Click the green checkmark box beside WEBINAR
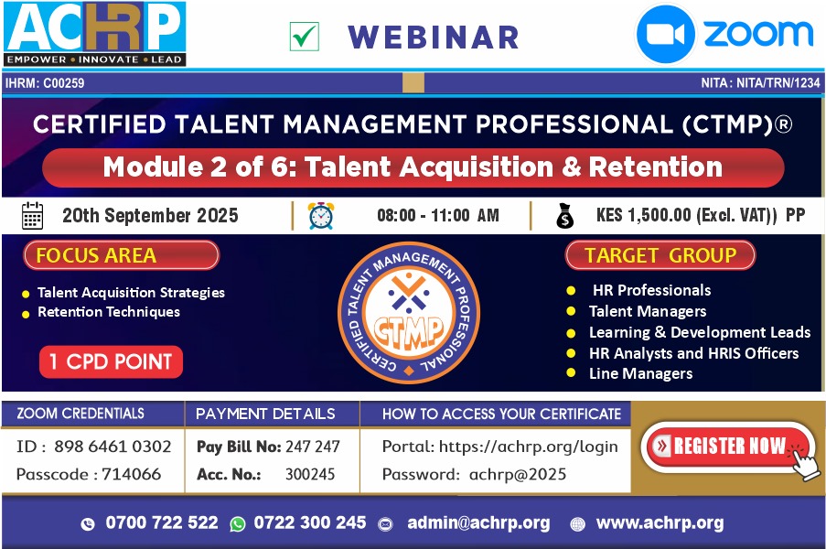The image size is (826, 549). (x=305, y=37)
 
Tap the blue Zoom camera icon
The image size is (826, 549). (x=665, y=34)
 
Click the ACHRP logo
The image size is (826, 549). (x=95, y=34)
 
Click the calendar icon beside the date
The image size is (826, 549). (x=33, y=216)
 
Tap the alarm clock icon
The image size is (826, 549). (x=321, y=216)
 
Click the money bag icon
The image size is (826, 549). (x=564, y=216)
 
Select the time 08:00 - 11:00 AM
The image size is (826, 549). (x=438, y=216)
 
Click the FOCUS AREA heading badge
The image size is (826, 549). (x=121, y=255)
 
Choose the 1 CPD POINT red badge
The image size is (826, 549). (x=112, y=362)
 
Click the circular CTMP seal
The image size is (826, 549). (x=409, y=313)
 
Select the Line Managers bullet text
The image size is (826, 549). (x=640, y=373)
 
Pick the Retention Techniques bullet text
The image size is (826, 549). (x=109, y=312)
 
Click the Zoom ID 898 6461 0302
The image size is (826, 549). (x=113, y=447)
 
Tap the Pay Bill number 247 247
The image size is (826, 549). (x=313, y=447)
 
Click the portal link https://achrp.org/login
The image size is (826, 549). (x=528, y=447)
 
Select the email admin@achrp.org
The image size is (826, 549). (x=478, y=522)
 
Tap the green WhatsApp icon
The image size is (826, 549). (x=238, y=523)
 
